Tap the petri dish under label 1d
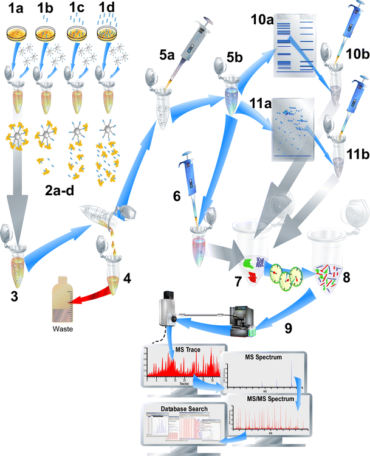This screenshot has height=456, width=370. click(x=109, y=33)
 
